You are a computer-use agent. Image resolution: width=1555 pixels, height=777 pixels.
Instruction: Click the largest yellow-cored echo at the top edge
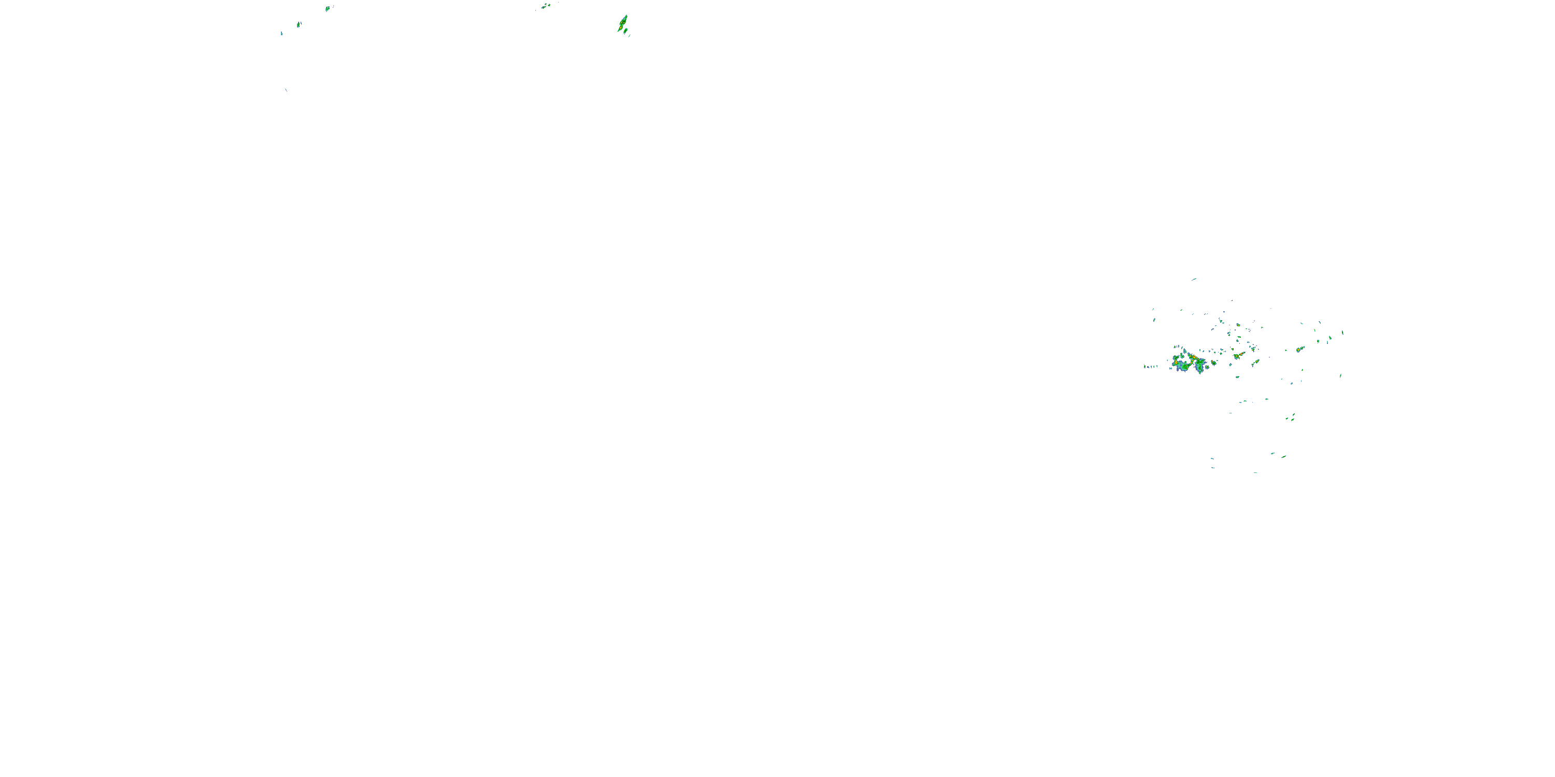pyautogui.click(x=623, y=23)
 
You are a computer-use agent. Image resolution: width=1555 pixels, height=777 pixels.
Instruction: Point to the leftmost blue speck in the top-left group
pyautogui.click(x=281, y=33)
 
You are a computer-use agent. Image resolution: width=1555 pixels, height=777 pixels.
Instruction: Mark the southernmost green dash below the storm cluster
pyautogui.click(x=1255, y=472)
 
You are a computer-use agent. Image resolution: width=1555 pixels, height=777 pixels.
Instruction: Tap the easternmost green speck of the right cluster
pyautogui.click(x=1342, y=333)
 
